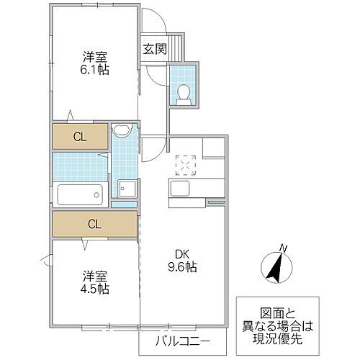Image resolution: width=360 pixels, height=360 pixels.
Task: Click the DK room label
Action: [181, 253]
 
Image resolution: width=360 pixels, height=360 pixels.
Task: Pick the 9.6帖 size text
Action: [181, 266]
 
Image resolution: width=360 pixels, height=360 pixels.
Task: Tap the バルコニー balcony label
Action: [184, 340]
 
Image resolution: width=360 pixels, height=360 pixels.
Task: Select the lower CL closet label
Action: [94, 223]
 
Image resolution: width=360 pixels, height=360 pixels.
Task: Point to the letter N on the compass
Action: [284, 249]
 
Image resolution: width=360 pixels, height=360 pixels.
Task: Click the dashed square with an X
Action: [186, 166]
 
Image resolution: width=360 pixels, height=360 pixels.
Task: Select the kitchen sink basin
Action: [179, 189]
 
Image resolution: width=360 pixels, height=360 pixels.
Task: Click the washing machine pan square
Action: [127, 189]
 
